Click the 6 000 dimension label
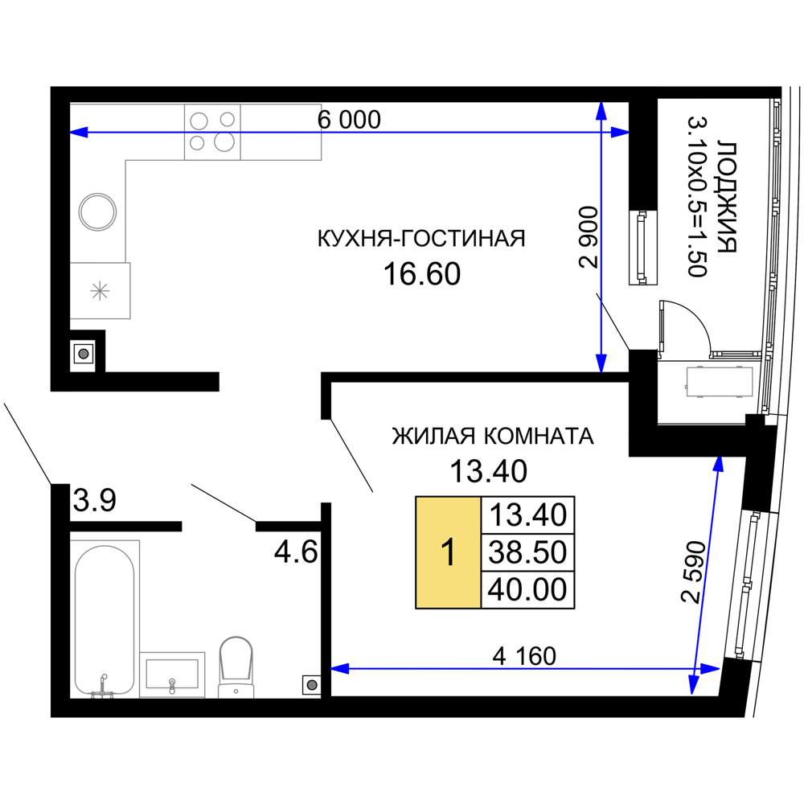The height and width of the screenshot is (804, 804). click(349, 120)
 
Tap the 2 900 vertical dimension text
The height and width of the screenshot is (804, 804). click(589, 237)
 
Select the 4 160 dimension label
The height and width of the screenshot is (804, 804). click(524, 656)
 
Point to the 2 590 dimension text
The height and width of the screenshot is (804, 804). click(694, 572)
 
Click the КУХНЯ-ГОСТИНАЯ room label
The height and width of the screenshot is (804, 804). click(421, 239)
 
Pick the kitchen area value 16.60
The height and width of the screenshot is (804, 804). click(422, 274)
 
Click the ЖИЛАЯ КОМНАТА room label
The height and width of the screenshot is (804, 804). click(493, 437)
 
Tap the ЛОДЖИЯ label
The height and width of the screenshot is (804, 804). click(727, 197)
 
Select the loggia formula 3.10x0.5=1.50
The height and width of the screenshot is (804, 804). click(697, 197)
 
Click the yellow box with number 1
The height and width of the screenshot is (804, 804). click(448, 553)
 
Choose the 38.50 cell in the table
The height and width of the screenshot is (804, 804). click(527, 552)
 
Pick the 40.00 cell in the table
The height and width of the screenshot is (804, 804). click(527, 589)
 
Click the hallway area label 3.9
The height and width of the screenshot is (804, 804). click(94, 500)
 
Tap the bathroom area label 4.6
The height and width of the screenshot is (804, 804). click(297, 553)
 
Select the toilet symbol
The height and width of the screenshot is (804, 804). click(236, 667)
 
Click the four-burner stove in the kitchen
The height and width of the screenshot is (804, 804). click(212, 132)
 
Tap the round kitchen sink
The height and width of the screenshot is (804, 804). click(97, 211)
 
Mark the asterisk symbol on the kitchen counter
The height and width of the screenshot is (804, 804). click(100, 291)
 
